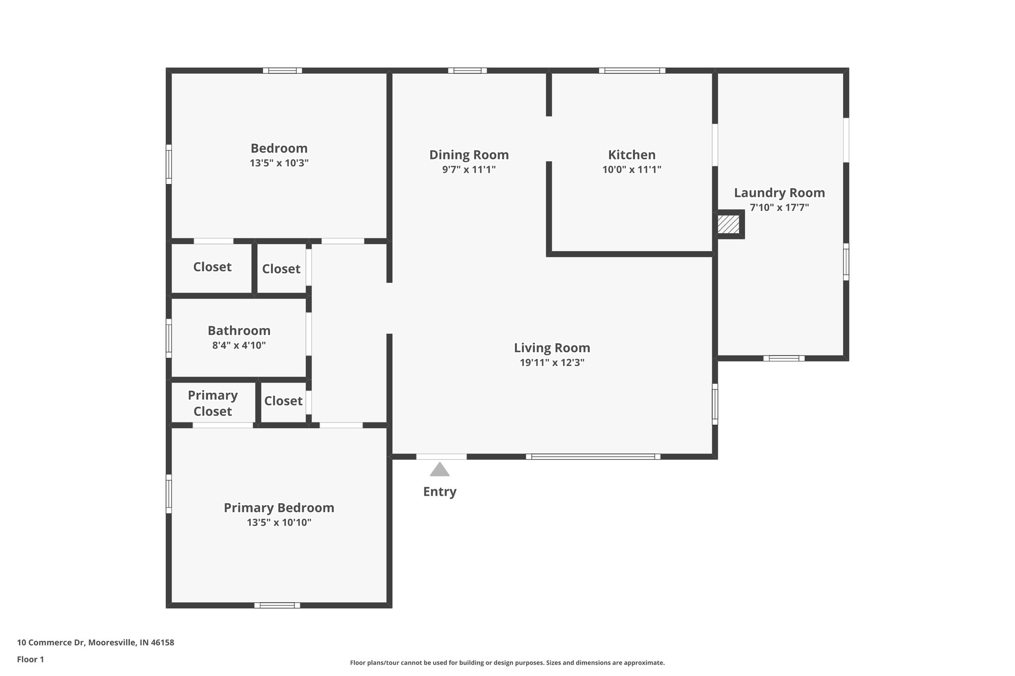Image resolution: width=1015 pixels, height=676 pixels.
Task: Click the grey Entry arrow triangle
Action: pos(440,470)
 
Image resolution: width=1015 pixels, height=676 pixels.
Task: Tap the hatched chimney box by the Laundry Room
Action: pos(729,224)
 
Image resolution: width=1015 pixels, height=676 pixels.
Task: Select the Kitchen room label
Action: pos(631,155)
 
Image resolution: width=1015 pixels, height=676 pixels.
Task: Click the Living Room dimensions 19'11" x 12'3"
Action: pos(552,363)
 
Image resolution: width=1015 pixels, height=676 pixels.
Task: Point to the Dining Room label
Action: pos(469,155)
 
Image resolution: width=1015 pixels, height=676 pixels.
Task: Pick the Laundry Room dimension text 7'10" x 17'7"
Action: pos(779,208)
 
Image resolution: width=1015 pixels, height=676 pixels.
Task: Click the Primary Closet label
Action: pos(213,403)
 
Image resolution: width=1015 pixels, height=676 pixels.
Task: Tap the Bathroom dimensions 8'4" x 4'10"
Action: pos(239,345)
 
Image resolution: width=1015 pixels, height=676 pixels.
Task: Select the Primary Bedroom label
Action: pos(279,508)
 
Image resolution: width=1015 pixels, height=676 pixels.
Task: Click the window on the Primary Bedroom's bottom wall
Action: pos(277,605)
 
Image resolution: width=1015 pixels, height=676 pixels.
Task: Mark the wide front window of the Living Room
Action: pos(593,457)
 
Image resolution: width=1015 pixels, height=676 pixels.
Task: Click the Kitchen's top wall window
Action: pos(632,70)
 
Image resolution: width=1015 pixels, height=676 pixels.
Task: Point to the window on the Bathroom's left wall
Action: pos(169,338)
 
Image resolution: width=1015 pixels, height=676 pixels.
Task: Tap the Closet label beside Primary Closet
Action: pos(283,401)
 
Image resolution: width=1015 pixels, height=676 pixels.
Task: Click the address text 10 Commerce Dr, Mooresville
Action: pos(96,643)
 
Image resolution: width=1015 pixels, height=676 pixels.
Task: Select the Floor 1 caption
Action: pos(30,659)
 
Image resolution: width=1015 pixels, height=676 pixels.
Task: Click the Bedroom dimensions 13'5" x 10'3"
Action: pos(279,163)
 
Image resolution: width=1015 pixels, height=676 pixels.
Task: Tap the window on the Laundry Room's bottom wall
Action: pos(784,358)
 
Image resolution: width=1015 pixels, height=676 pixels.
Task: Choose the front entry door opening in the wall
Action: pos(441,457)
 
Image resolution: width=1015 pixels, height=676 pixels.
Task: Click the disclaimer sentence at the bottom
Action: pos(507,663)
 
